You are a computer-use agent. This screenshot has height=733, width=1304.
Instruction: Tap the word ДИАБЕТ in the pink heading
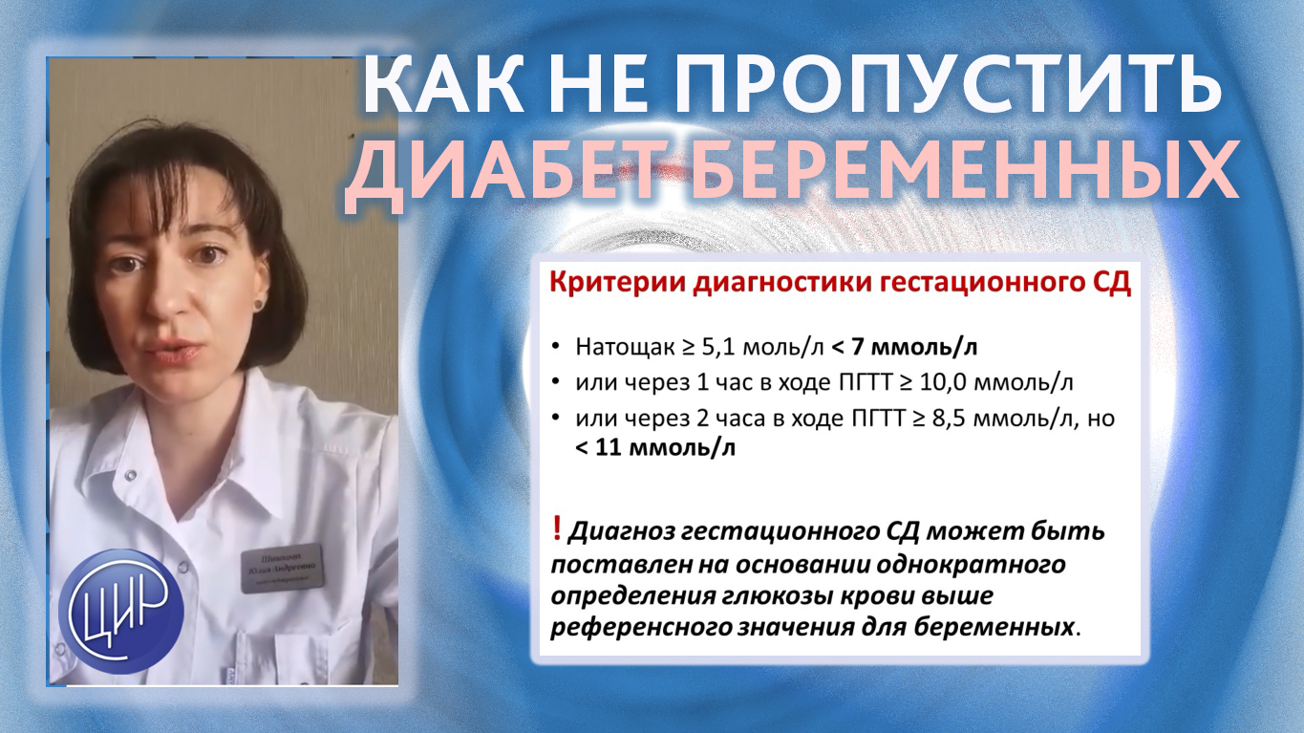tap(478, 177)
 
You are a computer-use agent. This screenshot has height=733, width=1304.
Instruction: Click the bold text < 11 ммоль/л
tap(655, 446)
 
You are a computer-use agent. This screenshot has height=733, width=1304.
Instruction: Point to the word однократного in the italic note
tap(975, 564)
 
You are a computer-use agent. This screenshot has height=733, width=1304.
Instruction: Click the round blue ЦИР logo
tap(120, 611)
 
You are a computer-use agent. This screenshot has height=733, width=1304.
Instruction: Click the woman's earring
tap(256, 303)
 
